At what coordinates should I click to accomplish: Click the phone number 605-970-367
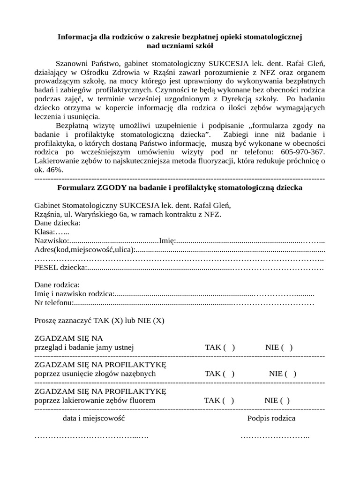(302, 152)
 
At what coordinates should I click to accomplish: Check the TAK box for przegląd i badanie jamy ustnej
(228, 347)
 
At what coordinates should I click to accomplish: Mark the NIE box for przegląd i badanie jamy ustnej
(287, 347)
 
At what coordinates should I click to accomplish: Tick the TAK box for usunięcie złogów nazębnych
(228, 374)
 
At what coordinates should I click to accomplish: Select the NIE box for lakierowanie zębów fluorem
(285, 400)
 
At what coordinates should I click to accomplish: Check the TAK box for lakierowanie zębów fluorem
(228, 400)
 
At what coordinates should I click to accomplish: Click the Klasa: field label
(45, 232)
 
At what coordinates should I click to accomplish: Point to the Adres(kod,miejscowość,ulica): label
(85, 250)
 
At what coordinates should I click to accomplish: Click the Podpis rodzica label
(271, 418)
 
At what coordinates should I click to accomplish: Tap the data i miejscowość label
(93, 418)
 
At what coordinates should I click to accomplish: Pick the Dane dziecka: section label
(58, 223)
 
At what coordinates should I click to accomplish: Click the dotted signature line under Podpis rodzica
(275, 437)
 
